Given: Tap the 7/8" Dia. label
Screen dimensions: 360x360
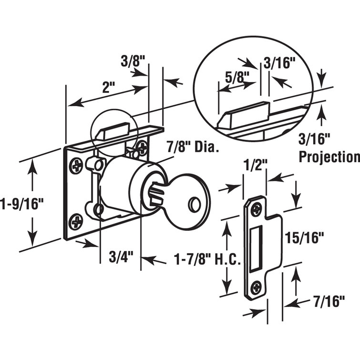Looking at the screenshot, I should point(193,148).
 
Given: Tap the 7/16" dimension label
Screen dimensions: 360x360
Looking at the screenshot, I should point(329,302).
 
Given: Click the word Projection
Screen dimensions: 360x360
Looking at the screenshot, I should point(329,156).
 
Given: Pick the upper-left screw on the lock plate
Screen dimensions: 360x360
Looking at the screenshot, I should point(77,165).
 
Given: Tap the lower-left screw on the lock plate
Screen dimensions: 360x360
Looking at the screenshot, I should point(76,221).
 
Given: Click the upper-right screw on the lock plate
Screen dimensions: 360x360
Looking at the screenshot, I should point(142,147).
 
